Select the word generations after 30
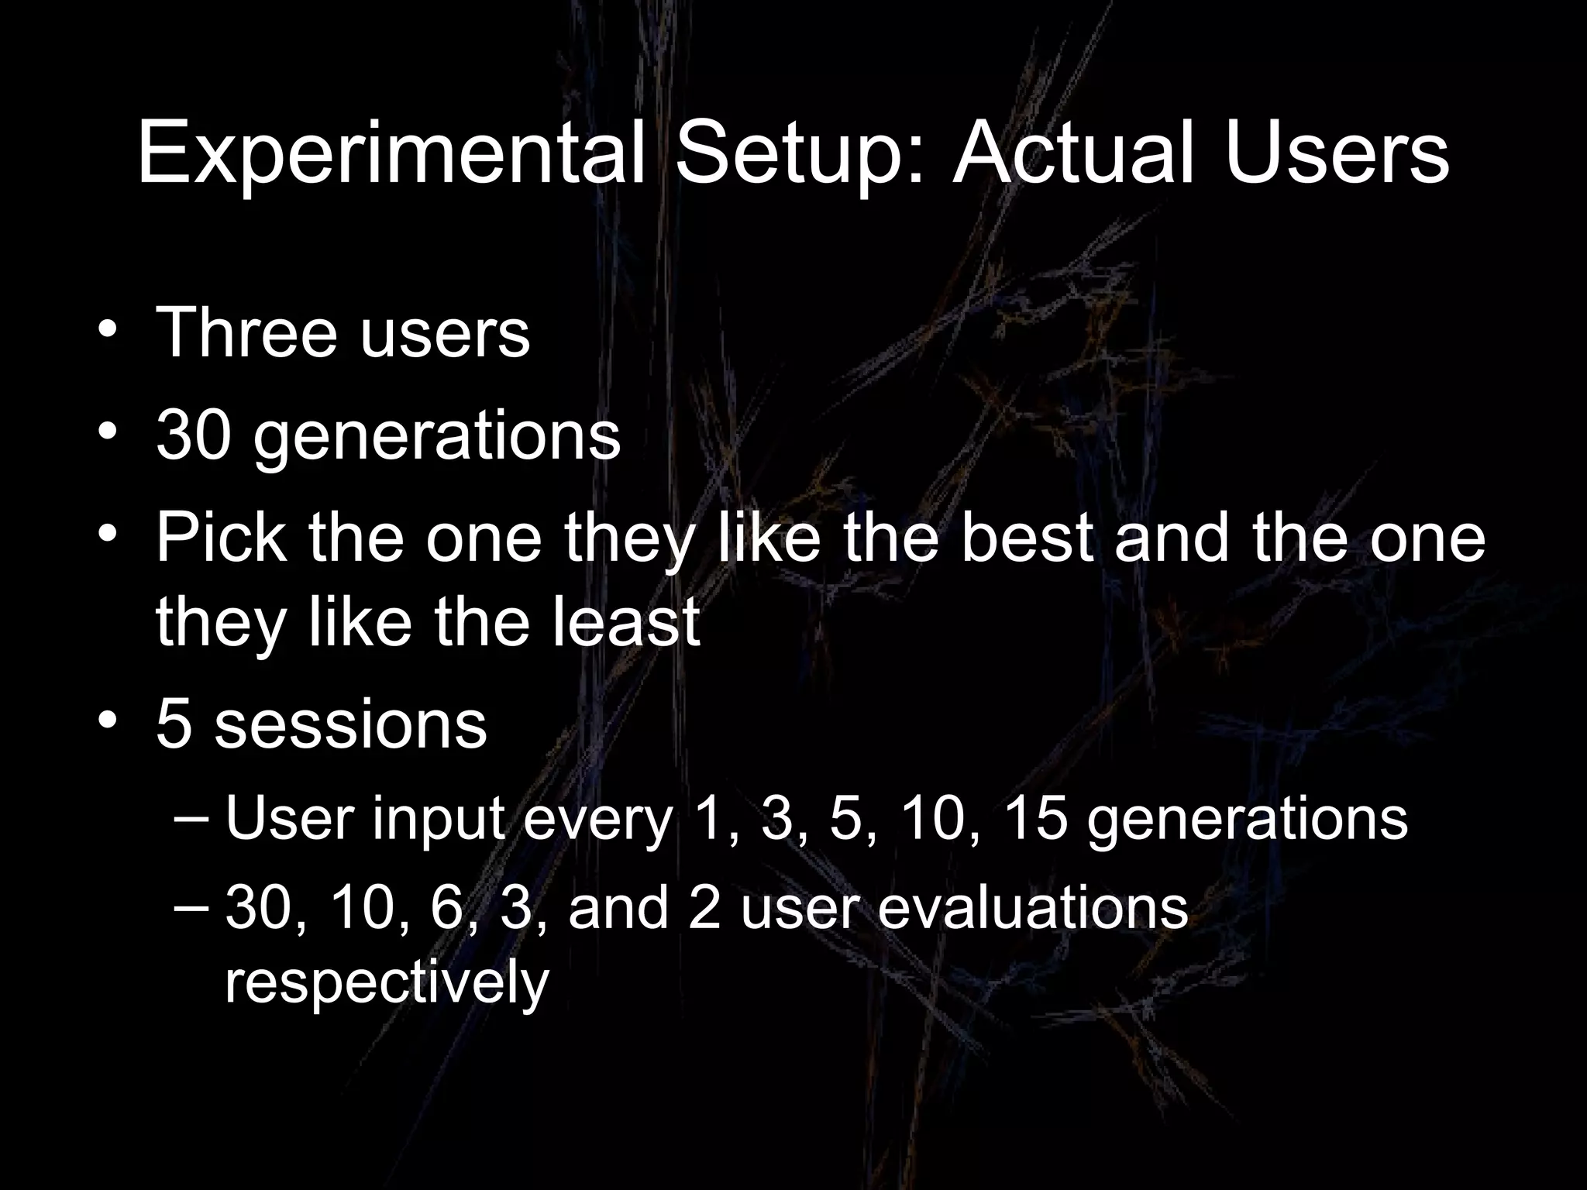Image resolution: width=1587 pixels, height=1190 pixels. (x=437, y=439)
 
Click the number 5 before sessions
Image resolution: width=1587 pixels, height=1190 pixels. (x=174, y=724)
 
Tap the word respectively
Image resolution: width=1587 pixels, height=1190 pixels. (x=387, y=984)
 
